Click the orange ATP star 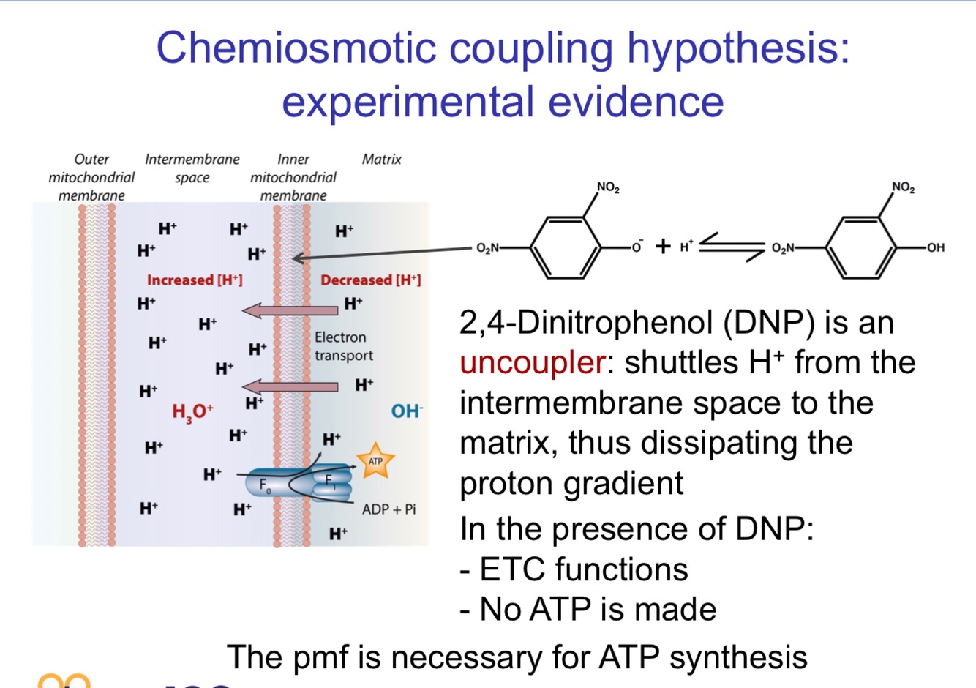coord(375,461)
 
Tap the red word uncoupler coord(532,362)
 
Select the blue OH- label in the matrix coord(406,411)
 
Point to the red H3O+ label coord(192,412)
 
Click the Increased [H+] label coord(195,280)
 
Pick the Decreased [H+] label coord(370,280)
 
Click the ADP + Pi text coord(388,509)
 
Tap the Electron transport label coord(343,346)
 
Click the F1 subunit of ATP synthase coord(331,482)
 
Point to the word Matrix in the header coord(381,159)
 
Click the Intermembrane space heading coord(192,168)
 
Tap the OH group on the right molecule coord(935,247)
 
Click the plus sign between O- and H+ coord(663,246)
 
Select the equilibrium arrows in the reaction coord(732,246)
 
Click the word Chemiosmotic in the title coord(296,48)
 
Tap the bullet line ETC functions coord(574,569)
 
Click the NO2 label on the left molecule coord(607,187)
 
